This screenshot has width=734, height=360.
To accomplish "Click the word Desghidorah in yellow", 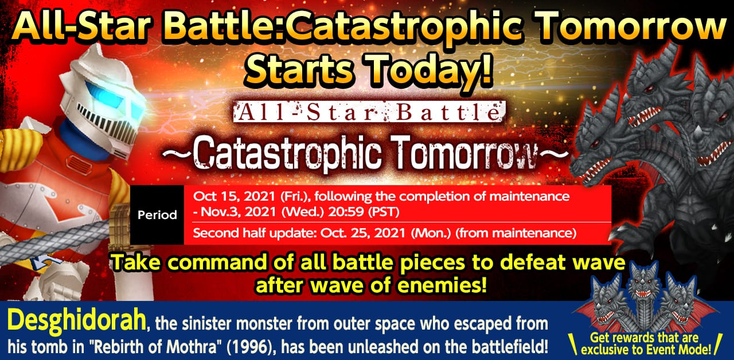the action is point(77,320).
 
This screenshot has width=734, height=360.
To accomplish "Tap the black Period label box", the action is point(157,215).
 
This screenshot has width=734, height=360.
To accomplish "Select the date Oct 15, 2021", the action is point(235,197).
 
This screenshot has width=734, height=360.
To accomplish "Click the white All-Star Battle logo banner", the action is point(368,112).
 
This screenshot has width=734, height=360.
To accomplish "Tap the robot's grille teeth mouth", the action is point(108,125).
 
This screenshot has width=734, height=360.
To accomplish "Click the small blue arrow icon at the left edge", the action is point(46,262).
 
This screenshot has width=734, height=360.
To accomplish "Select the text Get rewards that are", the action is point(644,338).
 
